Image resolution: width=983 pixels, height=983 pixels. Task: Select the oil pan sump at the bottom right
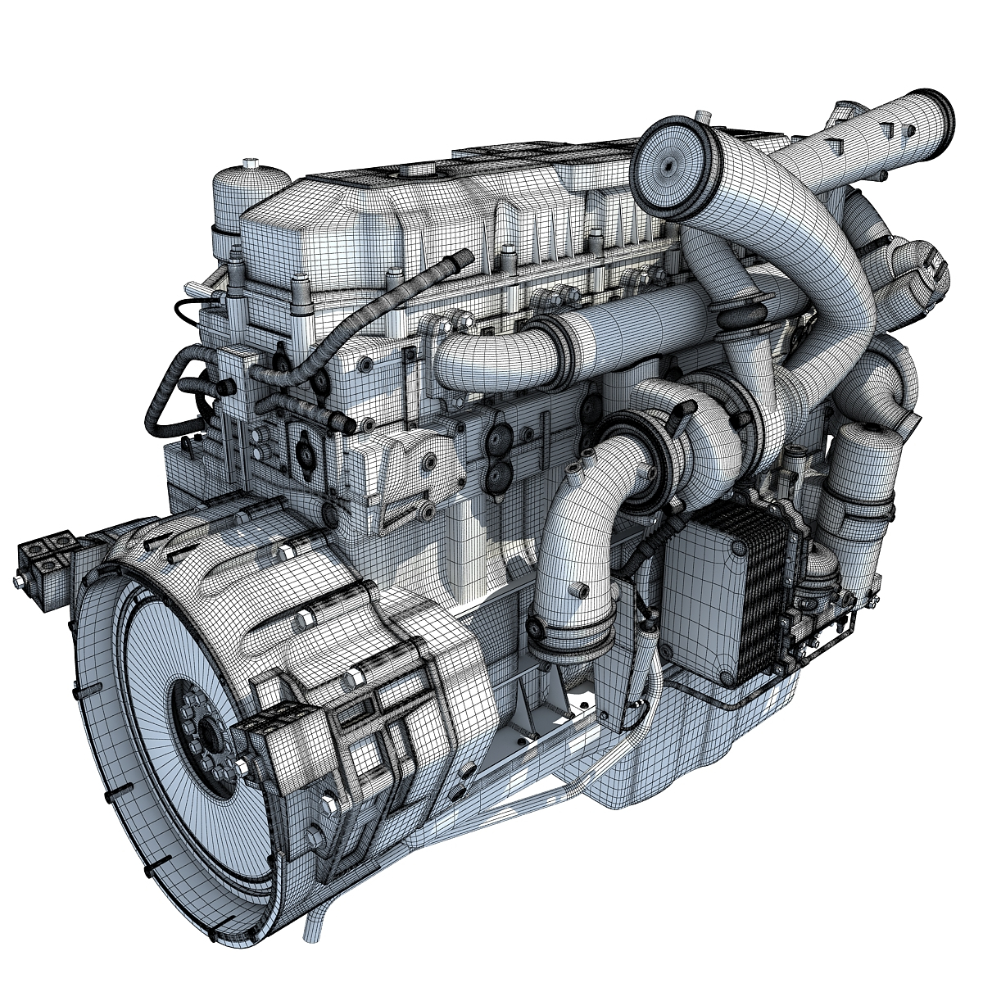coord(721,737)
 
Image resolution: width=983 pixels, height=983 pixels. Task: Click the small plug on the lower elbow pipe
coord(580,590)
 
